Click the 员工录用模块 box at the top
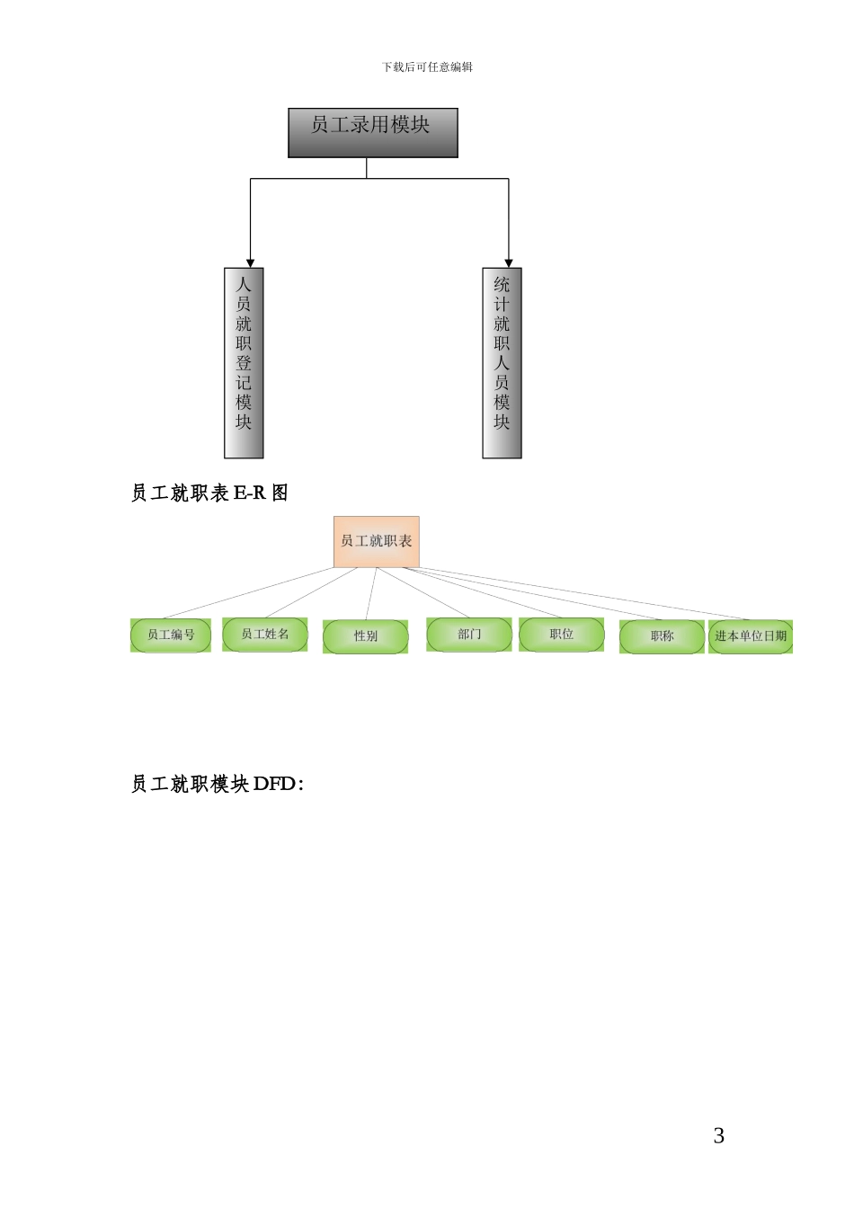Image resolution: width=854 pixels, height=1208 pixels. tap(372, 132)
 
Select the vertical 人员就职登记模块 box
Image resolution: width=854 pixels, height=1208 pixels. tap(244, 363)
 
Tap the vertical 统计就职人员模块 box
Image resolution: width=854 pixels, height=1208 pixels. tap(502, 363)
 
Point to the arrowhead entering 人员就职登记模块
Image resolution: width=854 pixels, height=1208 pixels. tap(251, 262)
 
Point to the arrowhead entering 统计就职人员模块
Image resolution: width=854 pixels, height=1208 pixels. tap(509, 262)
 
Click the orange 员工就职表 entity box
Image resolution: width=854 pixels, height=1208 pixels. tap(376, 541)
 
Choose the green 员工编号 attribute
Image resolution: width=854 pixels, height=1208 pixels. tap(171, 635)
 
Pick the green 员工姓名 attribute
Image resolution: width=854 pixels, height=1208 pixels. tap(265, 634)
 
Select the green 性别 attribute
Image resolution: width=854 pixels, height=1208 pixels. tap(365, 636)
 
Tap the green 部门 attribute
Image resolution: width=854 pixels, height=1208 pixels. tap(469, 634)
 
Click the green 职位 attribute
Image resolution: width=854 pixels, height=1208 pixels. tap(562, 634)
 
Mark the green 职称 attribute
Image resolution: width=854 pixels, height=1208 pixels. tap(662, 636)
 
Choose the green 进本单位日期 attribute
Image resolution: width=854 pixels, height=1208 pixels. tap(751, 636)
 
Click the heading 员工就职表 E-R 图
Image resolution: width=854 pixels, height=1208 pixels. tap(209, 493)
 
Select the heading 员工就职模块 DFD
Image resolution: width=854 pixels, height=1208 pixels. tap(217, 784)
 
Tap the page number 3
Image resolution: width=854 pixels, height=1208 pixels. tap(718, 1136)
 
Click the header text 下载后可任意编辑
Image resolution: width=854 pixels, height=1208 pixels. tap(427, 67)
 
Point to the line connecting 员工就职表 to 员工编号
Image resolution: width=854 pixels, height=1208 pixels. tap(247, 593)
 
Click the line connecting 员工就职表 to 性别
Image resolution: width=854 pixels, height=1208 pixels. tap(370, 593)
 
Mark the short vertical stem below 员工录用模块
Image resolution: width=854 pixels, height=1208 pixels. tap(367, 168)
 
